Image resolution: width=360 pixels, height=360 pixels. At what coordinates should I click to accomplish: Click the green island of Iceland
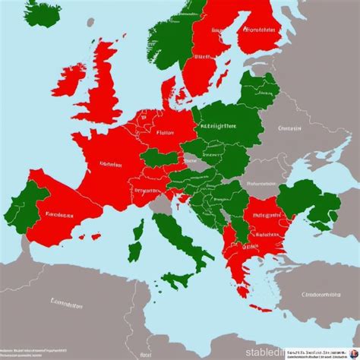pos(44,14)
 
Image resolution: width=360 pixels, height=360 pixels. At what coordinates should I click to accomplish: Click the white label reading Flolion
pos(165,130)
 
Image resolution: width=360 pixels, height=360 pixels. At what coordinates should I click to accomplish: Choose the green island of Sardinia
pos(136,251)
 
